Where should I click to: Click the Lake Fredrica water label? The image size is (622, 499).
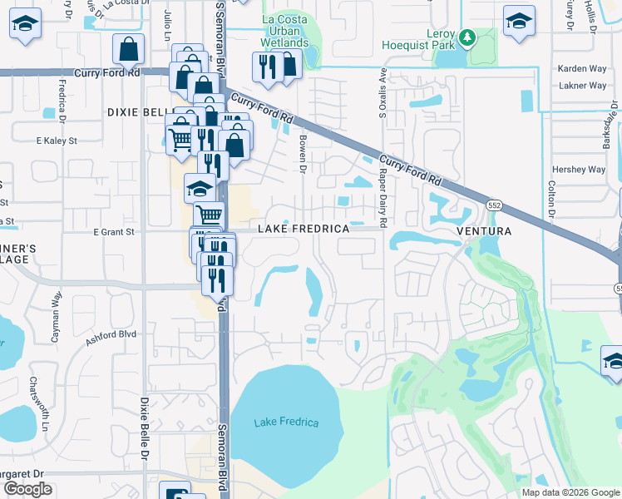(286, 422)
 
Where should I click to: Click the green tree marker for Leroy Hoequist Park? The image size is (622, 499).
(467, 37)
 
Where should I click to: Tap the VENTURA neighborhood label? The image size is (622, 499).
(482, 230)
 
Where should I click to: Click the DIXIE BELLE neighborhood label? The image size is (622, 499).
(140, 111)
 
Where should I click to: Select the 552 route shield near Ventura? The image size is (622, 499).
(494, 205)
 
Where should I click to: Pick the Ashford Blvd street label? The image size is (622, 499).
(111, 335)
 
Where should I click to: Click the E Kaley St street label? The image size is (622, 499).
(56, 141)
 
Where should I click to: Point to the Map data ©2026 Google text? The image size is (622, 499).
(570, 492)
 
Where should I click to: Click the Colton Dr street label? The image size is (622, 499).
(551, 202)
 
